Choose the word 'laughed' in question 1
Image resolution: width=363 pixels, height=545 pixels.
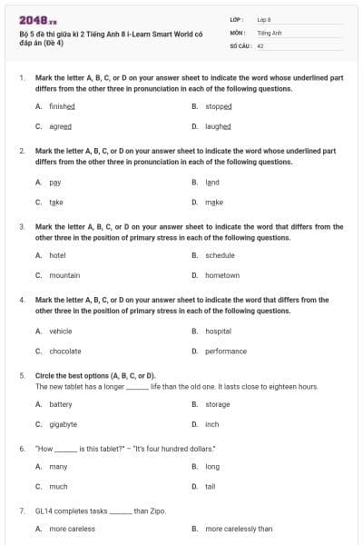coord(218,126)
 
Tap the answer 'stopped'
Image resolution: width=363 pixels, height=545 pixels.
coord(219,106)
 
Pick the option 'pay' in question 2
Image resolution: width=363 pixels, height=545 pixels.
coord(54,182)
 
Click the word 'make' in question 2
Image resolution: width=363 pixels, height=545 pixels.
coord(214,202)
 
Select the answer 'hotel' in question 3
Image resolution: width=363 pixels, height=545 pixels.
coord(57,255)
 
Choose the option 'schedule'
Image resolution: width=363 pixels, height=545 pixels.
coord(220,255)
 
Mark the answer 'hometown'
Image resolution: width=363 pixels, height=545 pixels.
coord(222,275)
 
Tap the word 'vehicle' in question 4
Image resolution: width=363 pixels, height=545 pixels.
coord(61,331)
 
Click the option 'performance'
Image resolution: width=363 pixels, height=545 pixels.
coord(226,351)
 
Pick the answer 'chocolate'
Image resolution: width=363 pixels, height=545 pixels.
coord(64,351)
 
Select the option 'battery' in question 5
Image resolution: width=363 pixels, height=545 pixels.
coord(60,404)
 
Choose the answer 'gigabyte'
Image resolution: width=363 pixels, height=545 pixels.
coord(63,424)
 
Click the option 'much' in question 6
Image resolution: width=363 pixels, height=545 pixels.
coord(58,486)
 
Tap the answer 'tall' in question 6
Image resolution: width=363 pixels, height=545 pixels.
coord(211,486)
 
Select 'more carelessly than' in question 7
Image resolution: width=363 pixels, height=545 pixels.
coord(239,528)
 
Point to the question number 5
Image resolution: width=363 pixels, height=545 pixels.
coord(22,374)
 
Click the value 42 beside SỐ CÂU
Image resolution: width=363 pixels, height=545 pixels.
coord(260,45)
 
